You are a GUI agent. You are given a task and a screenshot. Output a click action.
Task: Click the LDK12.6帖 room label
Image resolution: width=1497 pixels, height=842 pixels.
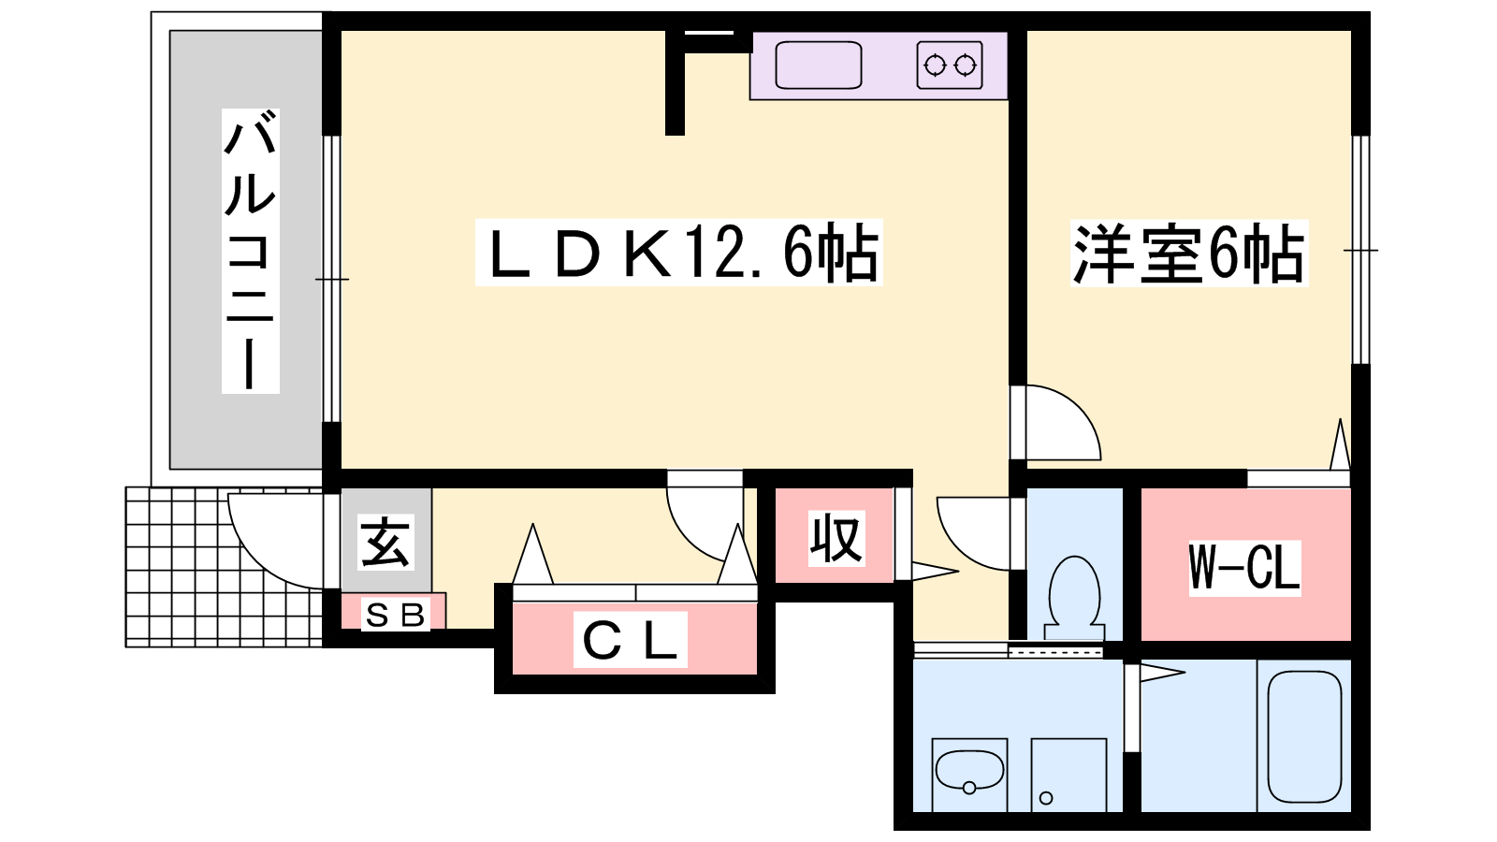click(x=679, y=252)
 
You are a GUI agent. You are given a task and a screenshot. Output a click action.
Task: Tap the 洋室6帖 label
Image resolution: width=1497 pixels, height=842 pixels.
click(x=1189, y=254)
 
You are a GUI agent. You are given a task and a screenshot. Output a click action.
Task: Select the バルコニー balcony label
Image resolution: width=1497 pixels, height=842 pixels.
click(x=250, y=251)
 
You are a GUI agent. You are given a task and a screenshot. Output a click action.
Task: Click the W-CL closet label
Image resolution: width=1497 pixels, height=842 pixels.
click(x=1244, y=567)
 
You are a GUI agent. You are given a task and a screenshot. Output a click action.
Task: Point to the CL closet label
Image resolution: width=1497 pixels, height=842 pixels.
click(x=631, y=640)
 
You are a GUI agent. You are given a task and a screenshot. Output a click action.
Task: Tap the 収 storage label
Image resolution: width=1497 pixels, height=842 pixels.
click(x=836, y=539)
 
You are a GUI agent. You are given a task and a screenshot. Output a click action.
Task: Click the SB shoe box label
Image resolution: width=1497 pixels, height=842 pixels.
click(x=395, y=615)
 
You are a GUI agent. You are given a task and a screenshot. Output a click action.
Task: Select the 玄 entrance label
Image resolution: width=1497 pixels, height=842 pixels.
click(x=385, y=542)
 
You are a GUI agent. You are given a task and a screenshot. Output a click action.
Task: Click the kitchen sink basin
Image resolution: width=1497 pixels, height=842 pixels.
click(x=818, y=65)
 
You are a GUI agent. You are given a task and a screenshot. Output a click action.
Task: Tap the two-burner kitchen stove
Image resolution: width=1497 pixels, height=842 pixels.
click(x=950, y=65)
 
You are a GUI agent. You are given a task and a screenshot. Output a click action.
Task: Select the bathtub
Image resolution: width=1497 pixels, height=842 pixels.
click(x=1304, y=736)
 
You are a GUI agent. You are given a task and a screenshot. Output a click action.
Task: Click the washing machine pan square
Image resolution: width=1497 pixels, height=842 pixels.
click(x=1068, y=775)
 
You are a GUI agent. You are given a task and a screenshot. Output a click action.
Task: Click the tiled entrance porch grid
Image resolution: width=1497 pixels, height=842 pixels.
click(x=225, y=567)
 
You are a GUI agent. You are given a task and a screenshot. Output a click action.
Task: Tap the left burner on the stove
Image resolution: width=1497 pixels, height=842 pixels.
click(x=935, y=65)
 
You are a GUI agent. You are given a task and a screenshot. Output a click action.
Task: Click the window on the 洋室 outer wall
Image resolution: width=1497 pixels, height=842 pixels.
click(x=1360, y=250)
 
